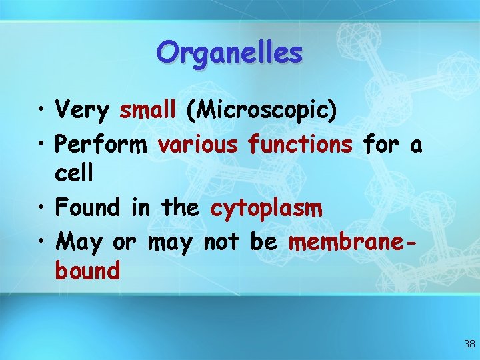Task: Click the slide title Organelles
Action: pyautogui.click(x=229, y=52)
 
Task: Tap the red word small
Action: pyautogui.click(x=147, y=109)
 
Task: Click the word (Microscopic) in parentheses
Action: pyautogui.click(x=261, y=110)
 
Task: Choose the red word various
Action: pyautogui.click(x=197, y=143)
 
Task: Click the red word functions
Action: pyautogui.click(x=300, y=143)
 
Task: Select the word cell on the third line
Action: pyautogui.click(x=75, y=174)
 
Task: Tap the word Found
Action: pyautogui.click(x=89, y=207)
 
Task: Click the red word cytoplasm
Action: pyautogui.click(x=267, y=209)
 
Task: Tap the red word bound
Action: pyautogui.click(x=88, y=271)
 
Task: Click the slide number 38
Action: pyautogui.click(x=469, y=344)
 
